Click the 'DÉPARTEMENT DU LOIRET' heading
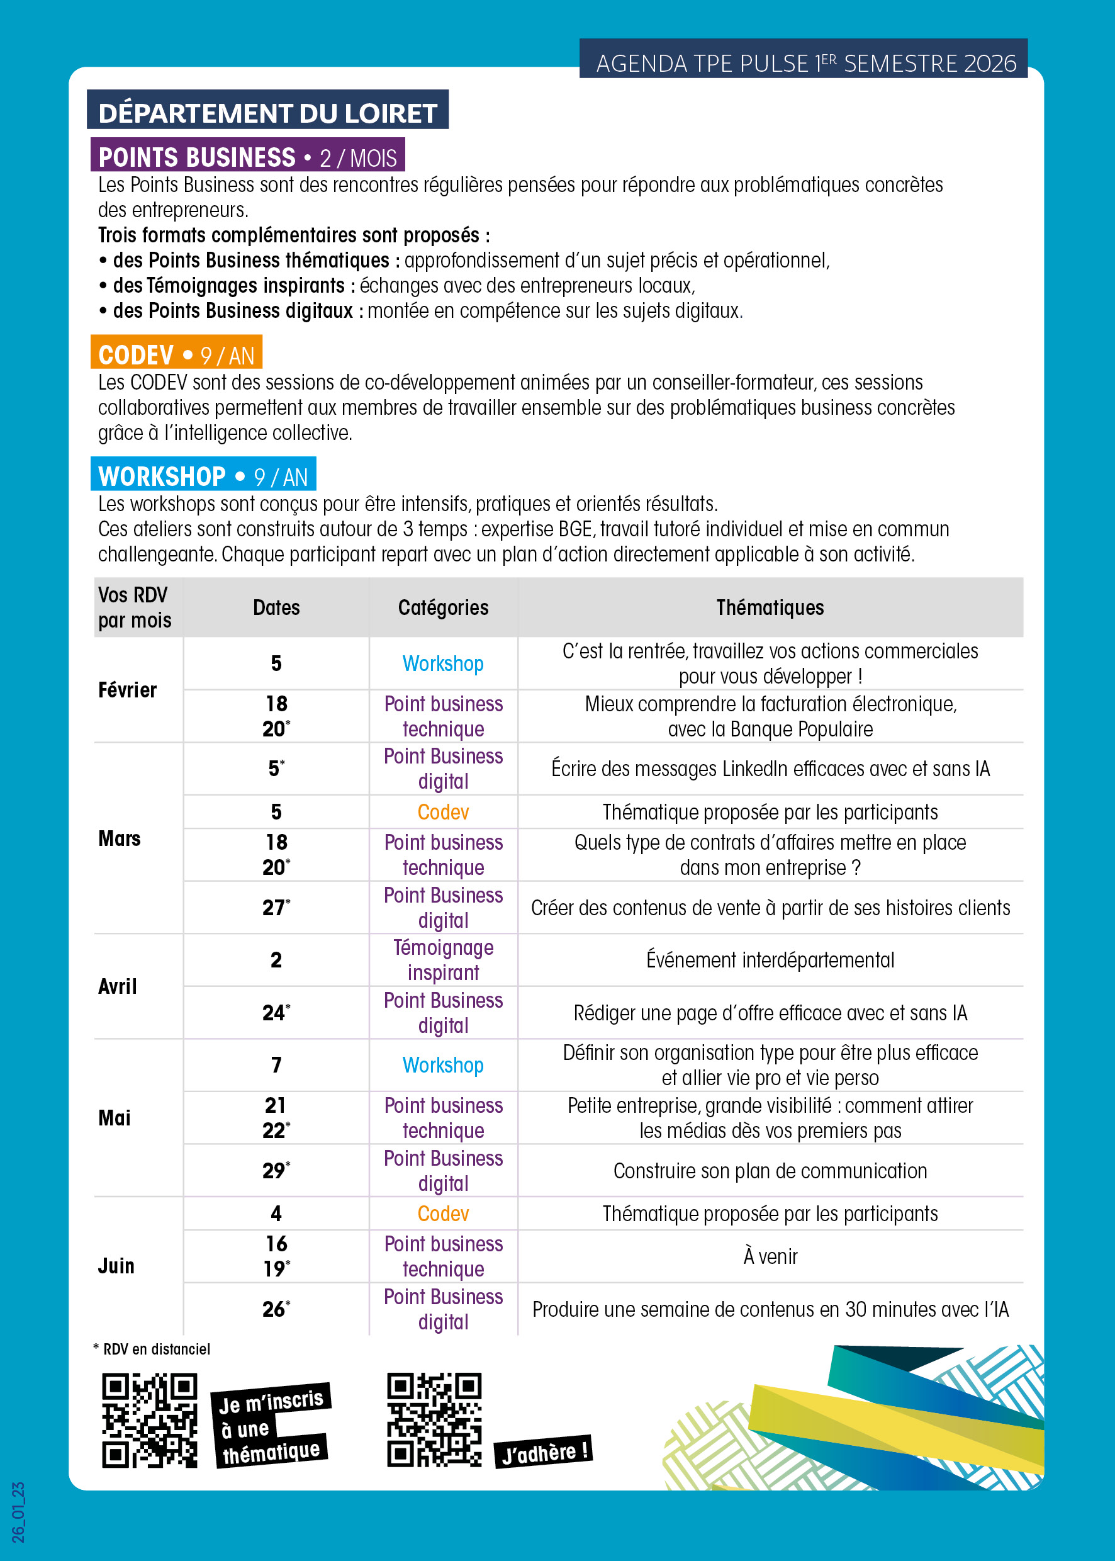[x=268, y=113]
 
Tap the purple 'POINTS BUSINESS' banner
[x=247, y=157]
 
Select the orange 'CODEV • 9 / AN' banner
[x=176, y=354]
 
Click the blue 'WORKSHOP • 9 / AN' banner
[x=203, y=476]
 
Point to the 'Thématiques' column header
[x=770, y=607]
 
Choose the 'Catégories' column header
[x=443, y=607]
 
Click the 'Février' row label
[x=128, y=689]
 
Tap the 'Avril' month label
[x=118, y=986]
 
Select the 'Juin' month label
[x=116, y=1266]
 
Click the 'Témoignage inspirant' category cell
[x=443, y=960]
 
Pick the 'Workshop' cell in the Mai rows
[x=443, y=1065]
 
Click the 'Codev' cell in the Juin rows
[x=443, y=1214]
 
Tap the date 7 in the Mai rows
[x=276, y=1065]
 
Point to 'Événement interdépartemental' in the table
[x=770, y=960]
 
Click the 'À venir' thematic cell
[x=770, y=1257]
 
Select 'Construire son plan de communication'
[x=770, y=1171]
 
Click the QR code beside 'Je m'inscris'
[x=150, y=1420]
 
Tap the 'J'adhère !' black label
[x=543, y=1452]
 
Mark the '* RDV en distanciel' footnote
[x=152, y=1350]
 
